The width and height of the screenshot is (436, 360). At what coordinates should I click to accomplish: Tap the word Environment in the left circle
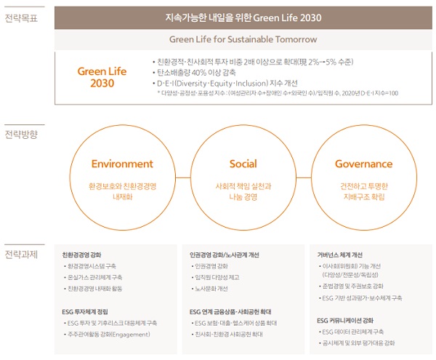[122, 164]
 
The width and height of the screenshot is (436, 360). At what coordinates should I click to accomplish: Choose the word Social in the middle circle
[243, 164]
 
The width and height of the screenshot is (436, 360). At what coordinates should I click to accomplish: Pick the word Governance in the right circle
[363, 164]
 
